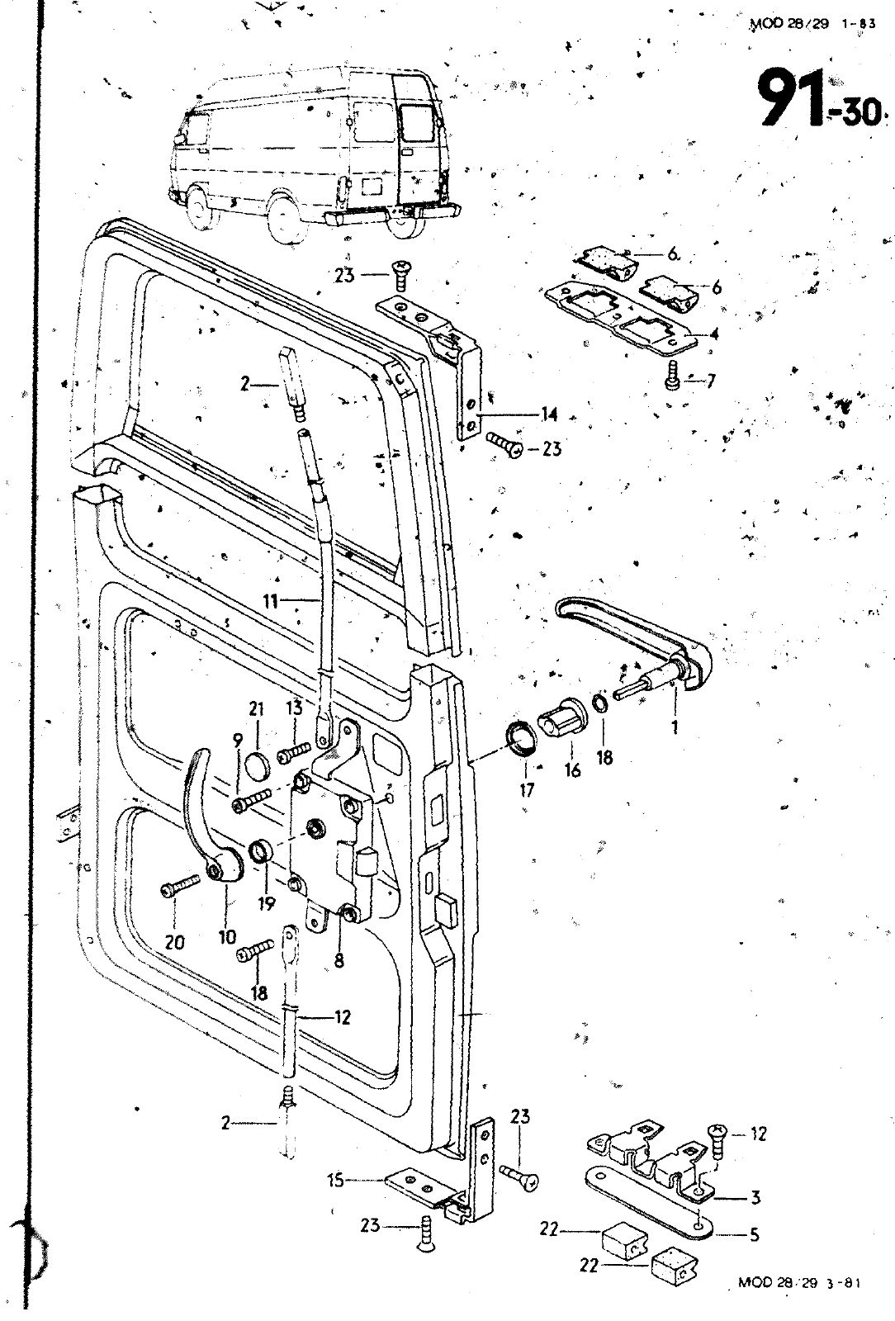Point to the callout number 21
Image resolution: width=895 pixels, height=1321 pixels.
[256, 708]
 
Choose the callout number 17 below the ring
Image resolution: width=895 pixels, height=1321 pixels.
[528, 790]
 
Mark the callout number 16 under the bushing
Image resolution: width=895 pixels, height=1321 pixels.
[571, 770]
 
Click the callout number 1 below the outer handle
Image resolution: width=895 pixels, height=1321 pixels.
[675, 728]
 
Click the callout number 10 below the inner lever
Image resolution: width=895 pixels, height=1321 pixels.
[227, 937]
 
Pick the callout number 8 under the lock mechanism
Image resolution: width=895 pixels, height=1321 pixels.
[339, 960]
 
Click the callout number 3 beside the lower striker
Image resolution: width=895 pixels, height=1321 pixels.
[754, 1198]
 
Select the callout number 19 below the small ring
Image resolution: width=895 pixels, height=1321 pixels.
[266, 904]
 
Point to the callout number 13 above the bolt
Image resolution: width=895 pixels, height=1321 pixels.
[295, 708]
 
